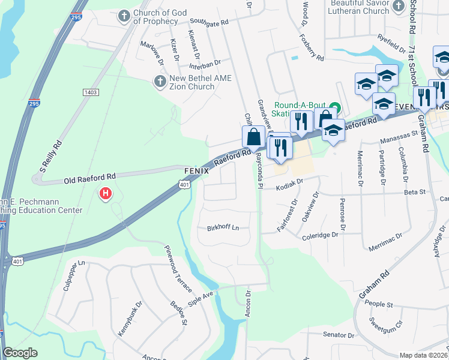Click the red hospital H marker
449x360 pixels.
click(106, 194)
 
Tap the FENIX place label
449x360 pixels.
click(196, 171)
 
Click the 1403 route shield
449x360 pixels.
click(91, 92)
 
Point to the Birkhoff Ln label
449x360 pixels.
click(223, 228)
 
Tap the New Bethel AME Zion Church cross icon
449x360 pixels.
click(160, 80)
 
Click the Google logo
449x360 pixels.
click(20, 353)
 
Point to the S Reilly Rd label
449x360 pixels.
click(51, 156)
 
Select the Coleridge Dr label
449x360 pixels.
click(321, 235)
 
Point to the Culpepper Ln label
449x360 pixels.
click(75, 277)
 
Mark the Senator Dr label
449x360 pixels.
click(339, 335)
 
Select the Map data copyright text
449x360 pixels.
click(423, 355)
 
